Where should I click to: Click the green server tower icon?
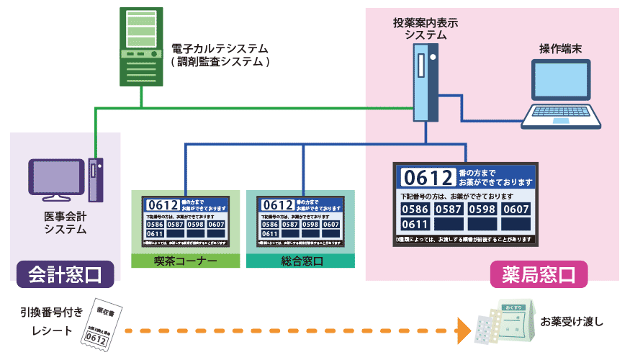pyautogui.click(x=141, y=45)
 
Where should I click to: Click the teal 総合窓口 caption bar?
pyautogui.click(x=300, y=260)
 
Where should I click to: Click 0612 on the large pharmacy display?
pyautogui.click(x=428, y=177)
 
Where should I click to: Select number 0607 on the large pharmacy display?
pyautogui.click(x=515, y=210)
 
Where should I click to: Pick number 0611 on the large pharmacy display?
pyautogui.click(x=415, y=225)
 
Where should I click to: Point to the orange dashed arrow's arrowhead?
pyautogui.click(x=462, y=331)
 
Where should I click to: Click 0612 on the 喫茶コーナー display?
pyautogui.click(x=157, y=205)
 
